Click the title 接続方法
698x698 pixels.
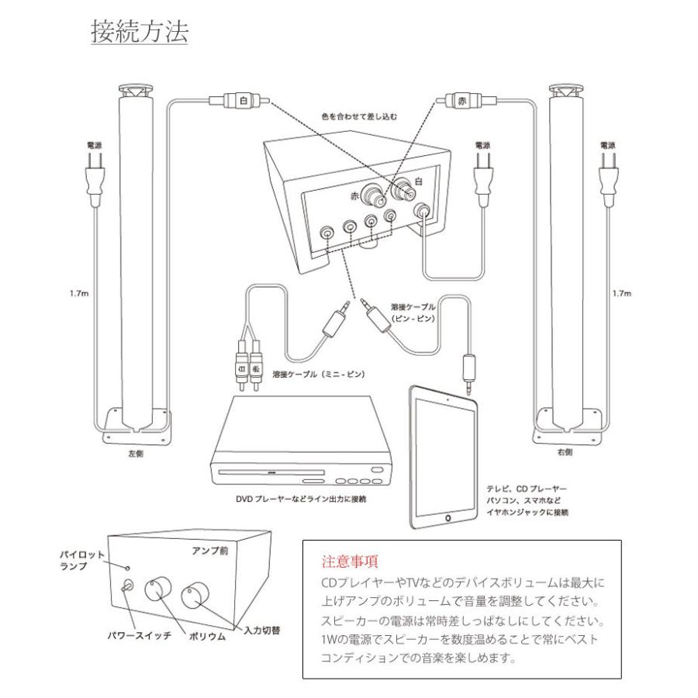[140, 33]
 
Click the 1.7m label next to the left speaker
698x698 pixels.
[78, 294]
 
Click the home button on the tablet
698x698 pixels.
[447, 516]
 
